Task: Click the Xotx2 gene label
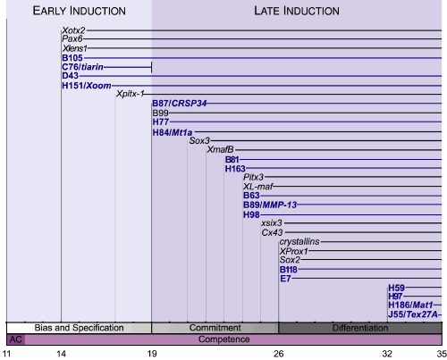tap(73, 30)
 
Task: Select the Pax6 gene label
tap(72, 38)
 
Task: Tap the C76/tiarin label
tap(82, 67)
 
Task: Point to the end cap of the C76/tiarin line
tap(152, 67)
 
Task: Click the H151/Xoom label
tap(87, 86)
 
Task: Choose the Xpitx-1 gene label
tap(130, 94)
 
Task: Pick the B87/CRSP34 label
tap(180, 104)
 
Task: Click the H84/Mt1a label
tap(173, 132)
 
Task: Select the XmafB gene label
tap(220, 149)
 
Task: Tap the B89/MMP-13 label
tap(270, 205)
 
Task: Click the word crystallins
tap(299, 241)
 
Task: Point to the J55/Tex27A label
tap(413, 314)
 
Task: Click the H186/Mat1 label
tap(410, 305)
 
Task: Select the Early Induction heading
tap(80, 11)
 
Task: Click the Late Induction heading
tap(297, 11)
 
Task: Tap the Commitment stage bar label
tap(215, 328)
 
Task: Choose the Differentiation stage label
tap(360, 328)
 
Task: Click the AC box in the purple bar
tap(16, 339)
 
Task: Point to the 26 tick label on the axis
tap(279, 354)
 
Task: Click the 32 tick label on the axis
tap(387, 354)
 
